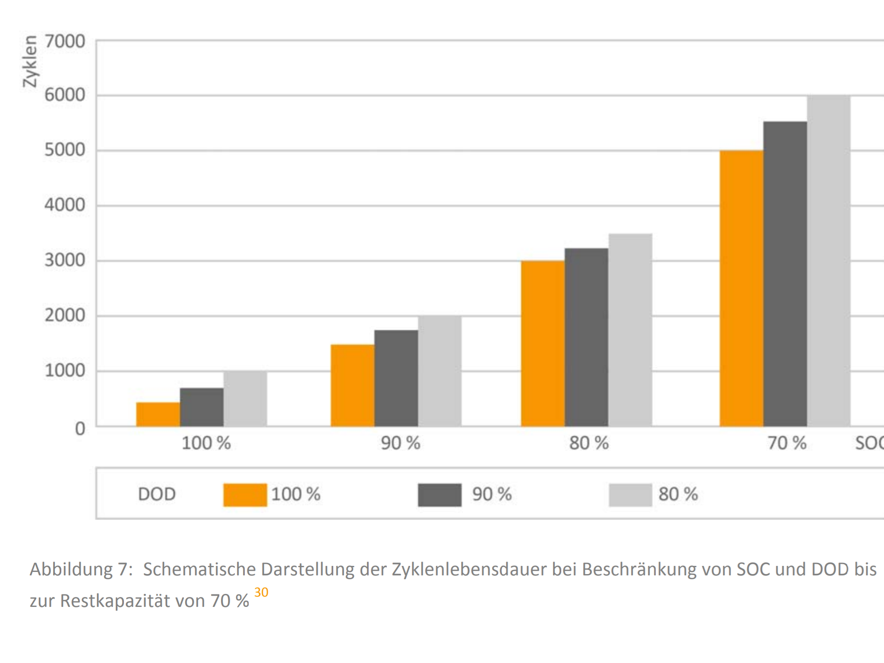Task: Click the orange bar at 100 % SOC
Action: [158, 414]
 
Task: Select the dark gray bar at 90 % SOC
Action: [396, 378]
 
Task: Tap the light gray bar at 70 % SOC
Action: [828, 261]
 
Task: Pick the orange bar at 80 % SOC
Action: [543, 344]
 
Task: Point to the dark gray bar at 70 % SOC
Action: [785, 274]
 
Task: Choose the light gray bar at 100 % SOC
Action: [245, 399]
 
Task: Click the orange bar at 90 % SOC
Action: [352, 385]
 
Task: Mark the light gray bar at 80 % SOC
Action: [630, 330]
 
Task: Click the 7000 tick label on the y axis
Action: [65, 42]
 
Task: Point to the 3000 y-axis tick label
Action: [65, 261]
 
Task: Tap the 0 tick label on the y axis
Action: [80, 429]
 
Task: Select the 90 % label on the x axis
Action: [400, 443]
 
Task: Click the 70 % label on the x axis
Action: [786, 443]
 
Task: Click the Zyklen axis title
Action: [30, 61]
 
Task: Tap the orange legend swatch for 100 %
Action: [245, 495]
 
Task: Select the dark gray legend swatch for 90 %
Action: [439, 495]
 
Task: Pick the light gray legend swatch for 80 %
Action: [630, 495]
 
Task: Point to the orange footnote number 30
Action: [261, 592]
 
